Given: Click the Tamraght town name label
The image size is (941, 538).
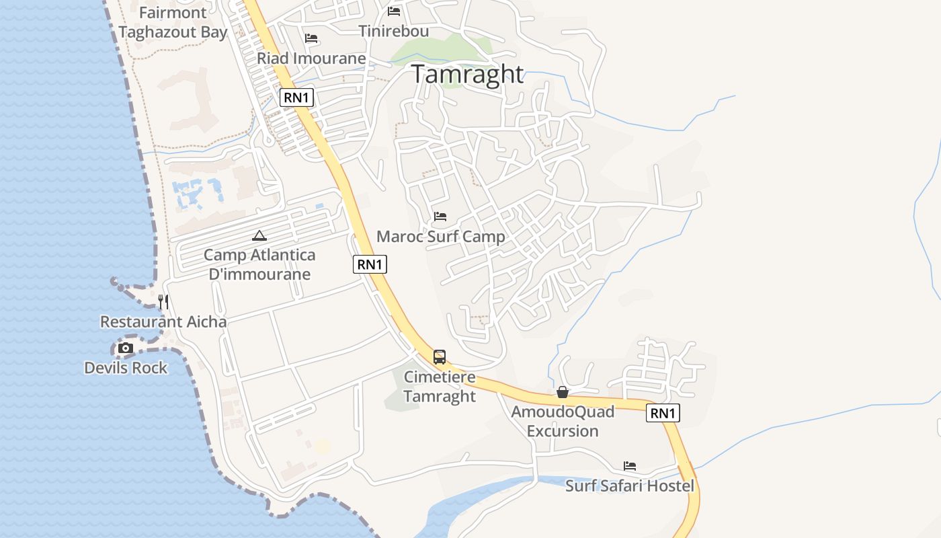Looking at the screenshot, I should pyautogui.click(x=467, y=74).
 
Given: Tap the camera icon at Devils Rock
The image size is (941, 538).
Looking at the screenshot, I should pyautogui.click(x=126, y=348).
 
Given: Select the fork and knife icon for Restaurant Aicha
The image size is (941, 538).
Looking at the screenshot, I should pyautogui.click(x=163, y=302).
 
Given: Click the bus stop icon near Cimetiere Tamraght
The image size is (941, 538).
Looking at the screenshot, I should pyautogui.click(x=440, y=357).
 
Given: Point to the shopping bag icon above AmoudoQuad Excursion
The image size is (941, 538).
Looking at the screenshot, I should pyautogui.click(x=563, y=392).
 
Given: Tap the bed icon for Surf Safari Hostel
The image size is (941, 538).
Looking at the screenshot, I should pyautogui.click(x=630, y=465).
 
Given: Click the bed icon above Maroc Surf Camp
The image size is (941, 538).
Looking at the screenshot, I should pyautogui.click(x=440, y=217).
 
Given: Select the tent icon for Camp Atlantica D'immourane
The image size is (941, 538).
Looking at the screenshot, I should pyautogui.click(x=259, y=235).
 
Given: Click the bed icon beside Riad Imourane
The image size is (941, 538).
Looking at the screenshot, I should pyautogui.click(x=311, y=38).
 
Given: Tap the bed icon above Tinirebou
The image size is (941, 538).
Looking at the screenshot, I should pyautogui.click(x=394, y=11).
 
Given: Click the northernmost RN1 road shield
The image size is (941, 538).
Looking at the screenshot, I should pyautogui.click(x=296, y=98).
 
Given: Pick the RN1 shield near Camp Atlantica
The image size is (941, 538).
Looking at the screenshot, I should pyautogui.click(x=370, y=264).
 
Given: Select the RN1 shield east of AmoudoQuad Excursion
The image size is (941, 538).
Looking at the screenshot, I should pyautogui.click(x=663, y=413).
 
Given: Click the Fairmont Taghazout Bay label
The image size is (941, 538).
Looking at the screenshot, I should pyautogui.click(x=173, y=22).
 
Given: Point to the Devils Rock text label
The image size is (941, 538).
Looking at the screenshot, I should pyautogui.click(x=126, y=368).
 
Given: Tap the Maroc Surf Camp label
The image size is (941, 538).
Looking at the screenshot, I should pyautogui.click(x=440, y=237).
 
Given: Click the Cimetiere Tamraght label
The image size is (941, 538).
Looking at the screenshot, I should pyautogui.click(x=440, y=387).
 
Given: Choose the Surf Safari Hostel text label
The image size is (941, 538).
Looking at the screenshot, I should pyautogui.click(x=630, y=486).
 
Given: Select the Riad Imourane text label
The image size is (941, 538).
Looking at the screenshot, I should pyautogui.click(x=311, y=59).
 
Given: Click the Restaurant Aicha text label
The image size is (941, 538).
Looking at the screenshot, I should pyautogui.click(x=163, y=322).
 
